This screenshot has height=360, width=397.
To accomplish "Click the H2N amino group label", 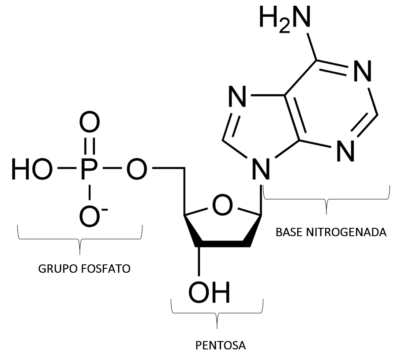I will [285, 19].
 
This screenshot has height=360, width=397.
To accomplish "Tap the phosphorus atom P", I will [90, 169].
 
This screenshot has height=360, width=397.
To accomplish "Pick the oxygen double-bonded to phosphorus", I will [90, 124].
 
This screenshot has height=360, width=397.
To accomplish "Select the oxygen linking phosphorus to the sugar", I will [136, 169].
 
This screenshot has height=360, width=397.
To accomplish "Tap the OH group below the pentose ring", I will [210, 290].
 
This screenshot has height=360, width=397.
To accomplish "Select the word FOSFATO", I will [106, 268].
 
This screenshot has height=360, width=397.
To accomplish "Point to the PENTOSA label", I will [221, 345].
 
